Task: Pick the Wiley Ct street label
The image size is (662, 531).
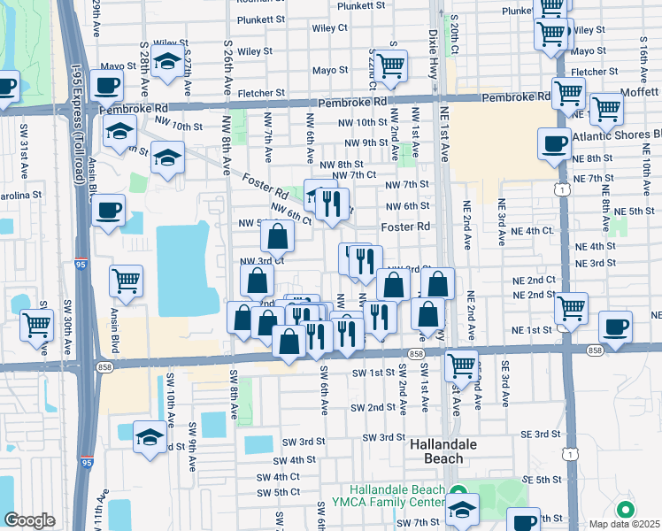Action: (329, 28)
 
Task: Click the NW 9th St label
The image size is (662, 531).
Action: (366, 142)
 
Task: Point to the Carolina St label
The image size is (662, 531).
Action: (20, 195)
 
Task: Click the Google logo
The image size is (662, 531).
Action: (29, 520)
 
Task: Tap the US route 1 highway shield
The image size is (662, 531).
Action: (562, 189)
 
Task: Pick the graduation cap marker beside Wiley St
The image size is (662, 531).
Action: (165, 62)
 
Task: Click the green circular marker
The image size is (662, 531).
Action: (626, 510)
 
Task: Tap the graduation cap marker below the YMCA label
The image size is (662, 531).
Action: (462, 510)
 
